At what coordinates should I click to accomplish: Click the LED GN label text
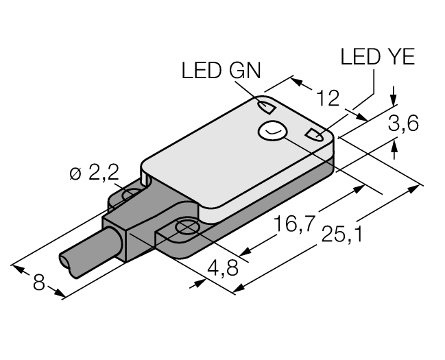221,71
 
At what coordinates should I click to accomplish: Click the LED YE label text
377,58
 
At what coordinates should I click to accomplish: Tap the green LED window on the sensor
265,106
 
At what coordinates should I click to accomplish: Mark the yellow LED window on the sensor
315,134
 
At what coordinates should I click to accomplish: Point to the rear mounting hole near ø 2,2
130,196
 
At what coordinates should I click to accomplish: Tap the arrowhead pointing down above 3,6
394,101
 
